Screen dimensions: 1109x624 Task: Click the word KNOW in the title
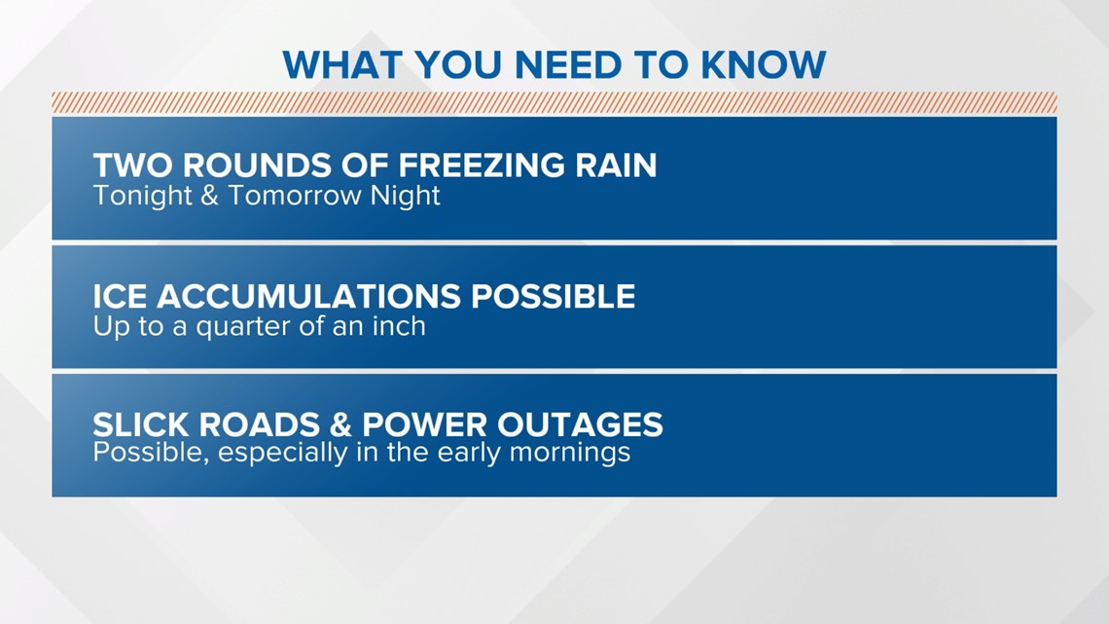(x=763, y=65)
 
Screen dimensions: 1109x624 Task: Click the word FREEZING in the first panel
(x=481, y=165)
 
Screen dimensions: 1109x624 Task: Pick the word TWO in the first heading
(x=133, y=165)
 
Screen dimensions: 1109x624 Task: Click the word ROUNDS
(x=258, y=165)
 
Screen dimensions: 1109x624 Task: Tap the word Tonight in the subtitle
(x=142, y=196)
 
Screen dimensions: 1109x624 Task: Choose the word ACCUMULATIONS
(x=308, y=297)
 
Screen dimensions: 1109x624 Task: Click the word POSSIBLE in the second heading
(x=554, y=297)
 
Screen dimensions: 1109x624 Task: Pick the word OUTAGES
(x=581, y=425)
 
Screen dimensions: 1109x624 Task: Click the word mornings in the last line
(x=570, y=453)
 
